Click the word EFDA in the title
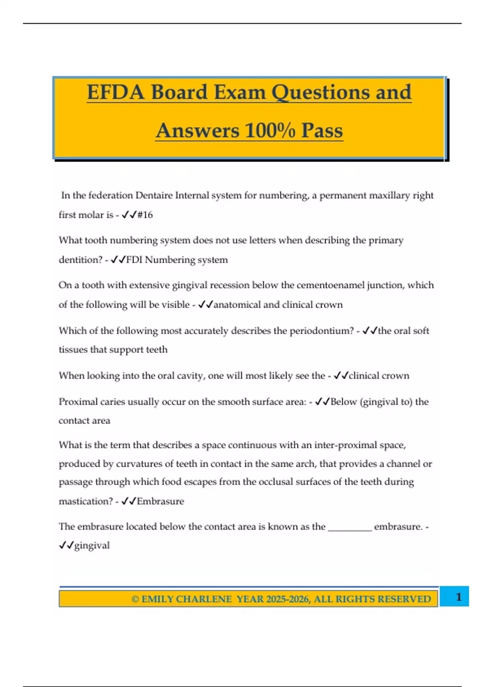(x=116, y=92)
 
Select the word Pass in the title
(x=322, y=131)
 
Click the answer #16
(x=145, y=215)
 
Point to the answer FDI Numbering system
(x=177, y=260)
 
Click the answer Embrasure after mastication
(x=160, y=502)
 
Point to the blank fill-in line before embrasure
(x=350, y=527)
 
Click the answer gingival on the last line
(x=92, y=546)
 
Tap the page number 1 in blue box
(x=458, y=597)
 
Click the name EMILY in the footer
(x=158, y=599)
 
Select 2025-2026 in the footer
(x=288, y=599)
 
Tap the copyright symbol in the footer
(x=135, y=599)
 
